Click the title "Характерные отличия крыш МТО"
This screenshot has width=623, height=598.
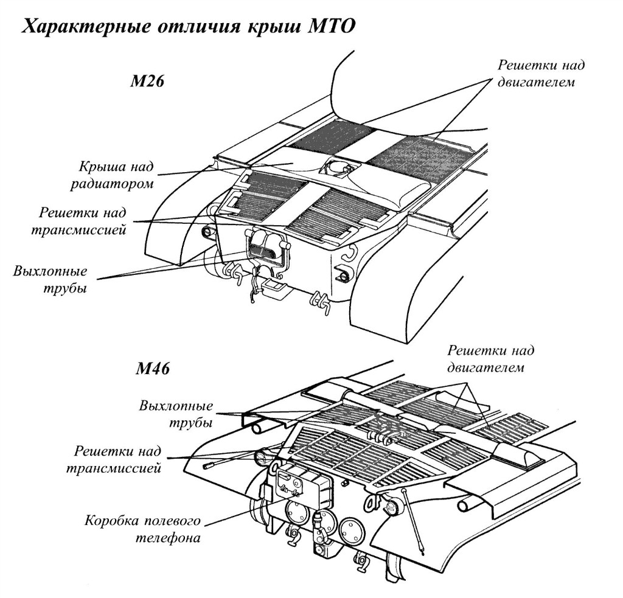tap(188, 27)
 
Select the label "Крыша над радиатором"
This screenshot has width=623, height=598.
tap(116, 175)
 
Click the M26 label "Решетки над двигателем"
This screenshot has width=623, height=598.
tap(535, 74)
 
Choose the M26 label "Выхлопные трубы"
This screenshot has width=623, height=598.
tap(50, 279)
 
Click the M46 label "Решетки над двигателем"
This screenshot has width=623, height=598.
tap(490, 359)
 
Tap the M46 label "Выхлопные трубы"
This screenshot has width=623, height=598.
tap(176, 414)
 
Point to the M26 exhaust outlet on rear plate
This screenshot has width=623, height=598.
tap(266, 249)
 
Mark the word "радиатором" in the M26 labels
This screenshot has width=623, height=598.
tap(116, 183)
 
